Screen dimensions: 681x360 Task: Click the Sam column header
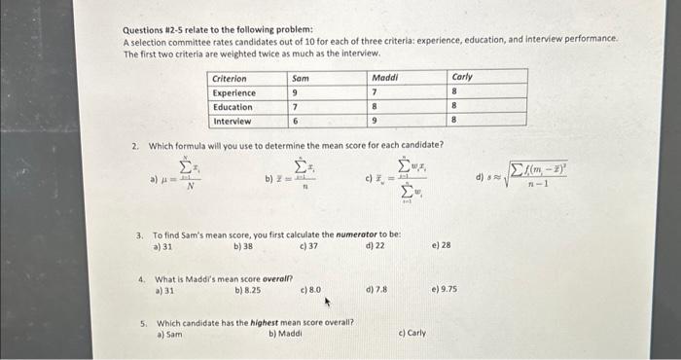click(x=301, y=78)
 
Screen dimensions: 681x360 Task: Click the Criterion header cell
click(x=230, y=78)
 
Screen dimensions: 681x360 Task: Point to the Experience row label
click(x=233, y=92)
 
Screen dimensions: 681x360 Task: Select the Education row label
click(x=233, y=107)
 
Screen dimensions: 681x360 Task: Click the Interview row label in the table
click(x=232, y=122)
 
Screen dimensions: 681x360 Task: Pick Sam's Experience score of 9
click(x=295, y=92)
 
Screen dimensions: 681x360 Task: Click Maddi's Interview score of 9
click(x=375, y=122)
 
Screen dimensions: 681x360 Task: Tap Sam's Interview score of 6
click(x=295, y=122)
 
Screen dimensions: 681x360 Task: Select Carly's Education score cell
click(x=454, y=107)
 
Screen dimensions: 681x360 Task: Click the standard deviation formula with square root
click(x=521, y=178)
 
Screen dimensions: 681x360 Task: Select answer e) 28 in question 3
click(x=440, y=246)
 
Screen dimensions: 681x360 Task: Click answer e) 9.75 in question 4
click(x=444, y=289)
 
